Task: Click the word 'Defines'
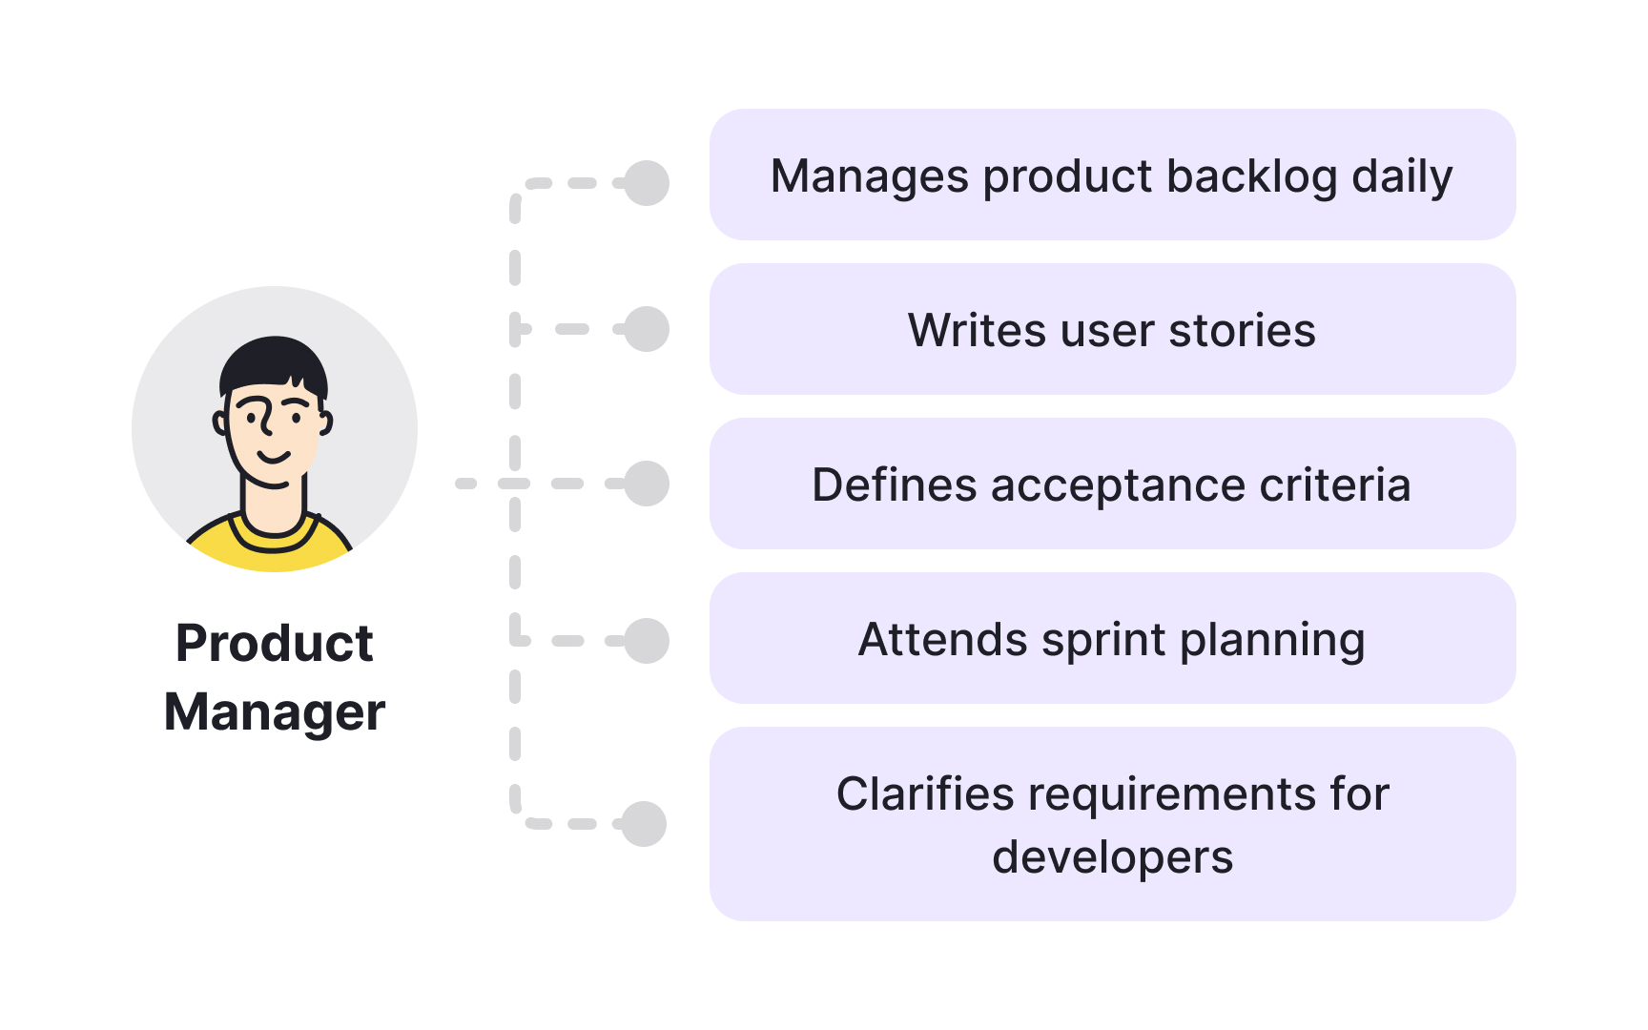(x=895, y=485)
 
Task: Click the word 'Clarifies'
(x=924, y=794)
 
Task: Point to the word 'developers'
(x=1112, y=857)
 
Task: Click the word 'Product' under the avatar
(x=275, y=644)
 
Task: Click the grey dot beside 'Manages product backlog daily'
(x=647, y=183)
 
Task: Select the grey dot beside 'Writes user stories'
(x=647, y=329)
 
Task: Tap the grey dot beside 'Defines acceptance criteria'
(x=647, y=484)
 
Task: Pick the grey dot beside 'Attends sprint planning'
(x=647, y=641)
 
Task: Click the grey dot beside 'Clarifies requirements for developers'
(x=644, y=824)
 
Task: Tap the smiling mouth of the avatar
(x=274, y=457)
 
